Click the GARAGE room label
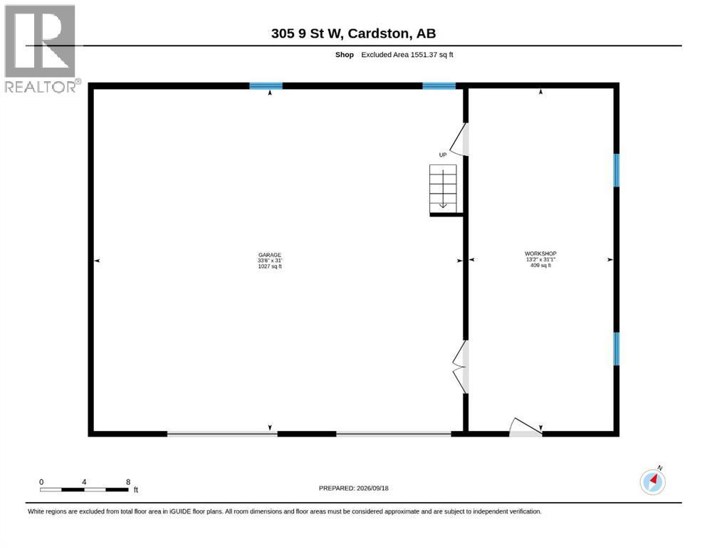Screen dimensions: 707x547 pyautogui.click(x=270, y=255)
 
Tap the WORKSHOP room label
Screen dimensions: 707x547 pyautogui.click(x=540, y=254)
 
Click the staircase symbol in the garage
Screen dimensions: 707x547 pyautogui.click(x=443, y=189)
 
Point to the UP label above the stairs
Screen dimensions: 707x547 pyautogui.click(x=443, y=155)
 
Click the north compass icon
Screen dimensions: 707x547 pyautogui.click(x=652, y=481)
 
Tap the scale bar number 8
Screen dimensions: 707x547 pyautogui.click(x=128, y=481)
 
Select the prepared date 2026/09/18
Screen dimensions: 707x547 pyautogui.click(x=372, y=488)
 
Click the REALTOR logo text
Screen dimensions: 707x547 pyautogui.click(x=41, y=87)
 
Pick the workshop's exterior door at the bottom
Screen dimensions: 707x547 pyautogui.click(x=525, y=428)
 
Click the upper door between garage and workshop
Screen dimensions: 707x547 pyautogui.click(x=461, y=140)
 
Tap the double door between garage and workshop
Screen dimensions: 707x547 pyautogui.click(x=461, y=367)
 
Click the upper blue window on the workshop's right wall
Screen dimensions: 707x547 pyautogui.click(x=617, y=170)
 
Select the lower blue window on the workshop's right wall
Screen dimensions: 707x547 pyautogui.click(x=617, y=348)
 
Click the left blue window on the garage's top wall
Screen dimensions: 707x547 pyautogui.click(x=266, y=85)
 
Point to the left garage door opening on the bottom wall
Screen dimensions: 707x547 pyautogui.click(x=222, y=434)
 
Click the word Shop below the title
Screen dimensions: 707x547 pyautogui.click(x=345, y=55)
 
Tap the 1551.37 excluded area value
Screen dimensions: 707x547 pyautogui.click(x=424, y=55)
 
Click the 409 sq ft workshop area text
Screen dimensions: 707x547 pyautogui.click(x=540, y=265)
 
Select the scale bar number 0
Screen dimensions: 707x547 pyautogui.click(x=41, y=481)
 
